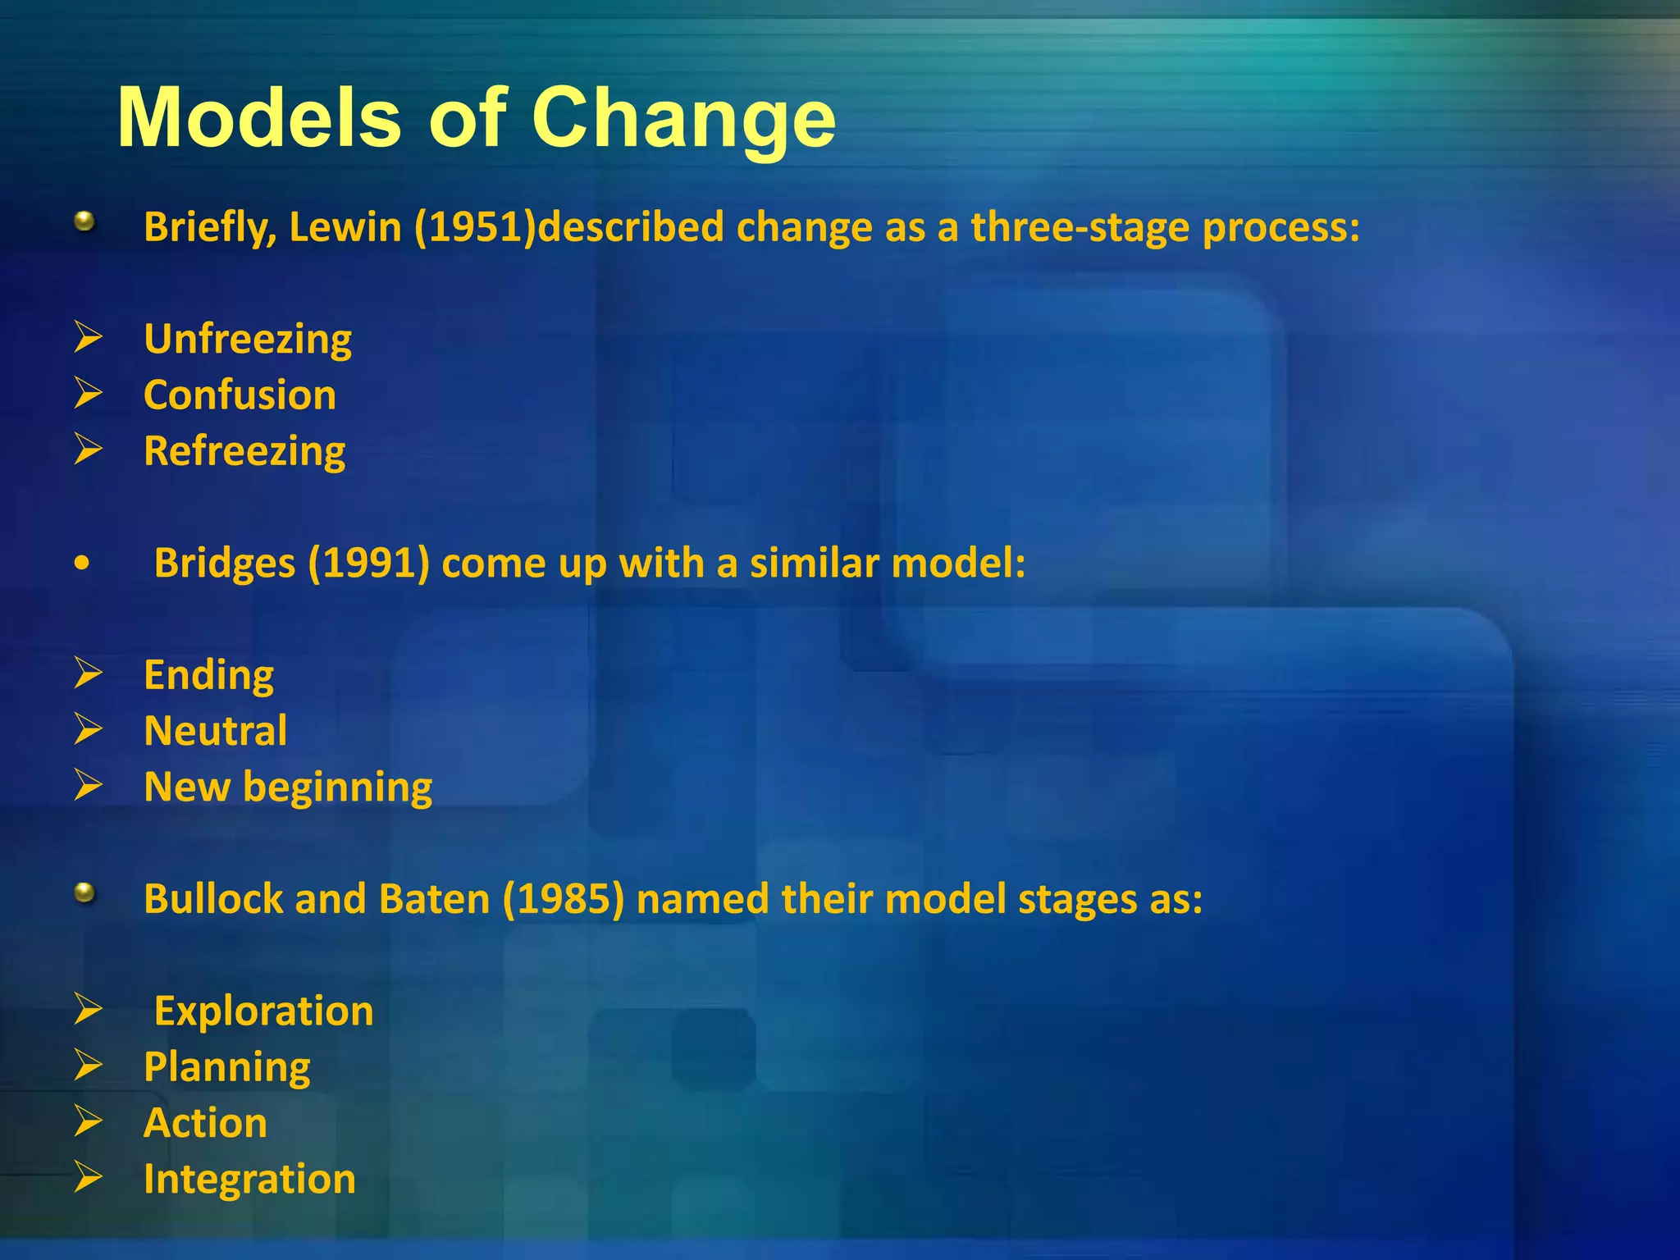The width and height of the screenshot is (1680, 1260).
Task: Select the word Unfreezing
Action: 248,340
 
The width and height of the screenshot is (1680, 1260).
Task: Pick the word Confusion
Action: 240,395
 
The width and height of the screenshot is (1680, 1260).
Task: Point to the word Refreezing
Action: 244,452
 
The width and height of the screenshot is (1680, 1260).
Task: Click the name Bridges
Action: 225,564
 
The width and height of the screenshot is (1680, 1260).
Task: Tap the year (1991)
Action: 369,564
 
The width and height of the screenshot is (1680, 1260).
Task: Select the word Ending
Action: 208,676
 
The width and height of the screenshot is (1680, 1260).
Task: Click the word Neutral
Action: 215,731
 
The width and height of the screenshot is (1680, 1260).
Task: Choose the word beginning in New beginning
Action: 338,788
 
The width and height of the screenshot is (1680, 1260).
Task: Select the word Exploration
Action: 263,1011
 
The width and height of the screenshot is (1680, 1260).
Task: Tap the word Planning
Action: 227,1068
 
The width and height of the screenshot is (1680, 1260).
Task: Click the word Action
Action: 205,1123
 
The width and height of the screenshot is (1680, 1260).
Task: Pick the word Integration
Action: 249,1180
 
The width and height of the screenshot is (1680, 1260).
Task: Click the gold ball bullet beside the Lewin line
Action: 84,221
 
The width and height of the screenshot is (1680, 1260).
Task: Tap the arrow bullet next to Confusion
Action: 88,394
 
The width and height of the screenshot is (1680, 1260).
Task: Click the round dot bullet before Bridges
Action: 81,564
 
